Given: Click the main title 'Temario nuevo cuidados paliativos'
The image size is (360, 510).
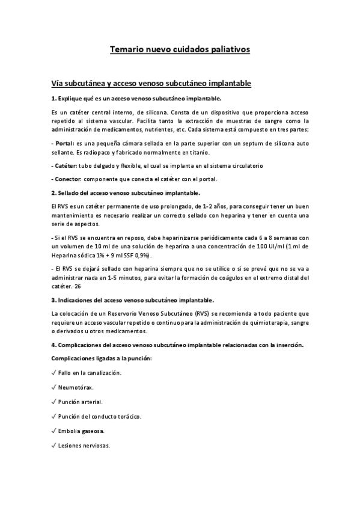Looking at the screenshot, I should pos(180,49).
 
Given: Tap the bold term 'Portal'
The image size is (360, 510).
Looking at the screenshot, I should pos(63,144).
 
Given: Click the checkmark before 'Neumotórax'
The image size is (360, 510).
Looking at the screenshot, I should pos(54,387).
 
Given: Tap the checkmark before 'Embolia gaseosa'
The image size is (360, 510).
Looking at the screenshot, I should pos(54,431).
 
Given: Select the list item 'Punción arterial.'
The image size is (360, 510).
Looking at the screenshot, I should pos(81,402).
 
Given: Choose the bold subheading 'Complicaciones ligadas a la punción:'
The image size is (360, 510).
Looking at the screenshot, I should pos(102,358).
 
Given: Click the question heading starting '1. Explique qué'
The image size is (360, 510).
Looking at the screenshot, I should pos(136,98).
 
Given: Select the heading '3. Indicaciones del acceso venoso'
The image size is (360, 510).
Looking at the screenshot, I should pos(133,300).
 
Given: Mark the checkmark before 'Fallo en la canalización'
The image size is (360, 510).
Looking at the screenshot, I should pos(54,373).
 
